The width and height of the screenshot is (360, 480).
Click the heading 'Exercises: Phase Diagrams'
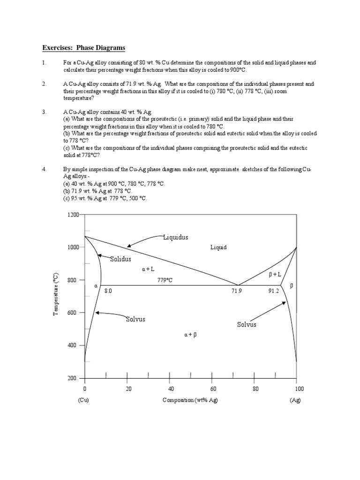[x=84, y=48]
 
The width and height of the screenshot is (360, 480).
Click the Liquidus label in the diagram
[x=175, y=237]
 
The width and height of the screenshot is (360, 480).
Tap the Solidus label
[x=120, y=259]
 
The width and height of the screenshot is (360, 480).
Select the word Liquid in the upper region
[x=218, y=247]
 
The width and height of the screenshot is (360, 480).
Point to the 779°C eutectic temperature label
[x=165, y=280]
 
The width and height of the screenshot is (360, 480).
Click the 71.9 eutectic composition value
[x=237, y=291]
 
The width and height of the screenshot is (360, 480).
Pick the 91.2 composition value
[x=273, y=291]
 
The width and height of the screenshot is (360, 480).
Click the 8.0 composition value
[x=108, y=291]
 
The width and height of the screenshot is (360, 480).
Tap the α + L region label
[x=148, y=269]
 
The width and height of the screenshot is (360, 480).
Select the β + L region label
[x=275, y=275]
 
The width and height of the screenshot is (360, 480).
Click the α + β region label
[x=191, y=335]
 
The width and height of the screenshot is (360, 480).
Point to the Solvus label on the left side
[x=135, y=319]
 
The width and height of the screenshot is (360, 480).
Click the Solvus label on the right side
[x=247, y=324]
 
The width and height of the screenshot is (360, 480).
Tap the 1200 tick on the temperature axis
[x=73, y=215]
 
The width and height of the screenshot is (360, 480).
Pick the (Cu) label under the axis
[x=83, y=400]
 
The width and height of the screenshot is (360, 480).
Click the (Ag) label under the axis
[x=296, y=400]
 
